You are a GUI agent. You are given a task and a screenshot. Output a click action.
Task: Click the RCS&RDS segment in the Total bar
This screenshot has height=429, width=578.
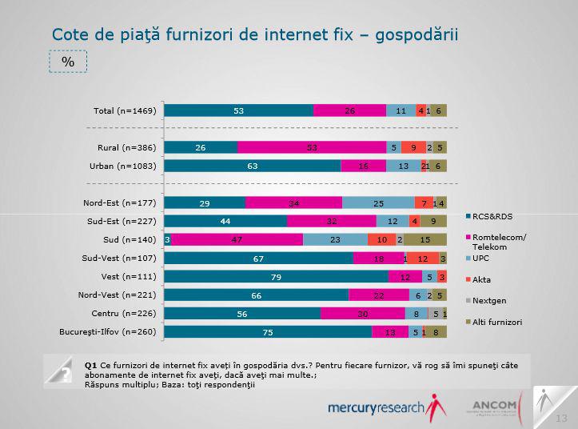tap(239, 110)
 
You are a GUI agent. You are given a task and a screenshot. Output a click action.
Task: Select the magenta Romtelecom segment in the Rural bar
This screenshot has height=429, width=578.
tap(311, 147)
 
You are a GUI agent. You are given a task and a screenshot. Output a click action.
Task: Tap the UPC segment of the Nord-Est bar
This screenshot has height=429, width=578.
tap(378, 203)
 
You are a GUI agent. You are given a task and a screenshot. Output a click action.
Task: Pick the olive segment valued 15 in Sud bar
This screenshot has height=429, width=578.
tap(425, 239)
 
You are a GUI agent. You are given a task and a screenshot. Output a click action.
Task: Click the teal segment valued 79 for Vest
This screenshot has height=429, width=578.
tap(277, 276)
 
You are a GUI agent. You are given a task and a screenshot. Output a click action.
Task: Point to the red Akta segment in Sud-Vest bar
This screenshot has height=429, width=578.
tap(422, 258)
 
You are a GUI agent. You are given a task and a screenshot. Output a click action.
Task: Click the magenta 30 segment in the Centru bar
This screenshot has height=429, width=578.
tap(362, 313)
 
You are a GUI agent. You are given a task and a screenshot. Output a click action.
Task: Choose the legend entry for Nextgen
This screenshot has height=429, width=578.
tap(491, 300)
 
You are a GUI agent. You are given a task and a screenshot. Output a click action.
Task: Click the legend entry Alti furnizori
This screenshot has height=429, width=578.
tap(496, 322)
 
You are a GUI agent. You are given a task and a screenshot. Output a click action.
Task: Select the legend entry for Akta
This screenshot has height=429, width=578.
tap(484, 279)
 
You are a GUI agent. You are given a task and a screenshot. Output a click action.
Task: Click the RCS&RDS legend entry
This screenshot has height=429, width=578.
tap(492, 217)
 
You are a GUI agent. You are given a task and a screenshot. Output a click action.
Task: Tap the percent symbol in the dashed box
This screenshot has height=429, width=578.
tap(68, 61)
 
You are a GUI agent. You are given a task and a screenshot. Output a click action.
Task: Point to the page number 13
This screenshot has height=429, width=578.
tap(561, 418)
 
